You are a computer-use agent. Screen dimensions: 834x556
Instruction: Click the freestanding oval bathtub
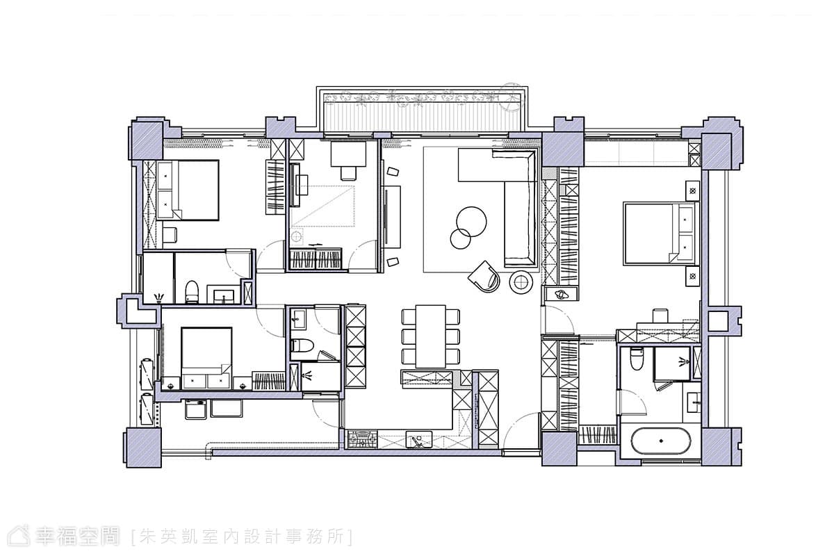(x=661, y=441)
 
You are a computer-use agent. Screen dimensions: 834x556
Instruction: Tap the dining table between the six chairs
(x=431, y=336)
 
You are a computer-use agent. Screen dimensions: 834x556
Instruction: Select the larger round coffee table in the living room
(x=471, y=222)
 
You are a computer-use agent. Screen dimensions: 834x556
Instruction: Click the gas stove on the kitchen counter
(x=362, y=439)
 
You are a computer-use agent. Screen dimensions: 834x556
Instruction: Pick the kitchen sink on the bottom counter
(x=419, y=439)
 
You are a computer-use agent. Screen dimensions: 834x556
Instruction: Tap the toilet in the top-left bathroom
(x=192, y=292)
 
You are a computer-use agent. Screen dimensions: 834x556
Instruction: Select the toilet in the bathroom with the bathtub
(x=637, y=358)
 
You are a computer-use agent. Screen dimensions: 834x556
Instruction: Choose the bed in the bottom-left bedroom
(x=206, y=358)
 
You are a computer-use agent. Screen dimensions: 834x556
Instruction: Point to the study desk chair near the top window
(x=348, y=173)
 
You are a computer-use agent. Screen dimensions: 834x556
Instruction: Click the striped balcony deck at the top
(x=423, y=117)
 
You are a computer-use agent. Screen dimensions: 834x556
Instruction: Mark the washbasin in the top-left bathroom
(x=224, y=296)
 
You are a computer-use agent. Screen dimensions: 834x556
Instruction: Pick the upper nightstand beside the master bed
(x=692, y=190)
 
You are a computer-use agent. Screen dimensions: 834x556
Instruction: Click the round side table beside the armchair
(x=521, y=282)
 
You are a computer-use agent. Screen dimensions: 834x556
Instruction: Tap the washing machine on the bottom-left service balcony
(x=195, y=409)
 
